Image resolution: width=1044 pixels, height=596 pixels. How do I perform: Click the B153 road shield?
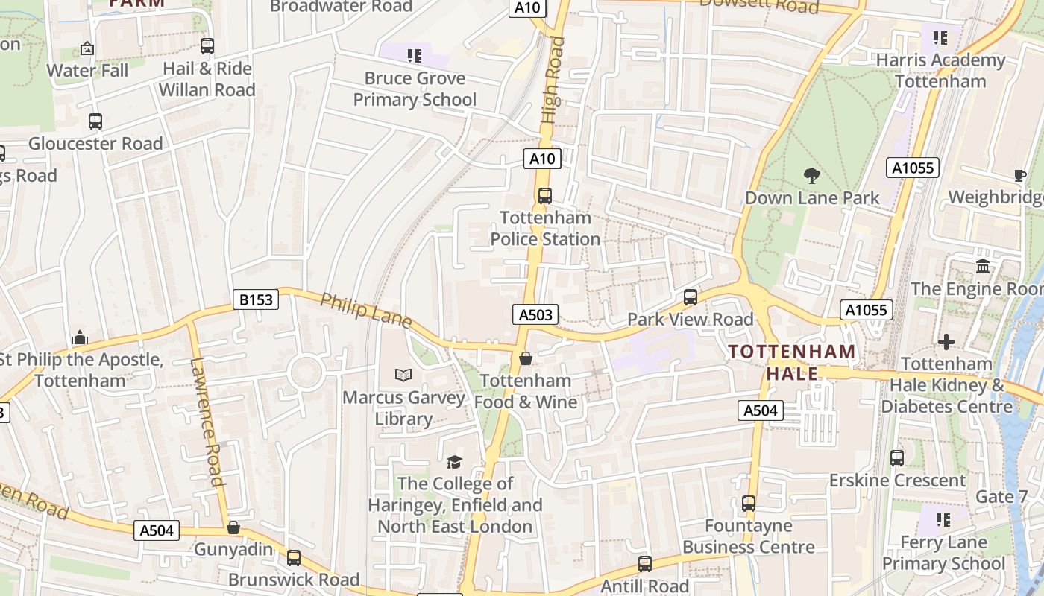[256, 299]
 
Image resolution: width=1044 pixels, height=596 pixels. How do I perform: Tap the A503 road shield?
[535, 314]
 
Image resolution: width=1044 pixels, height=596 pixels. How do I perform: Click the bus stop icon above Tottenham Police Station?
[545, 196]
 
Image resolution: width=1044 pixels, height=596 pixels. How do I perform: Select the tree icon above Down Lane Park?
[812, 176]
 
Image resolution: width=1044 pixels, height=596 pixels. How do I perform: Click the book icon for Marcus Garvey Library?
[403, 375]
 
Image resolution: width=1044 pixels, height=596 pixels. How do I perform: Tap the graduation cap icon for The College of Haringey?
[454, 462]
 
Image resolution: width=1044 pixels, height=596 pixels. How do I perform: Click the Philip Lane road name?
[366, 310]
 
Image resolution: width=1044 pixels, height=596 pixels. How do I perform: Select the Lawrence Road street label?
[207, 422]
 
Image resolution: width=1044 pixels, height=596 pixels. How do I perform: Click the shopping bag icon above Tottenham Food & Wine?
[526, 358]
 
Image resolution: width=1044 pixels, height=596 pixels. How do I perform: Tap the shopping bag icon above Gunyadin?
[233, 527]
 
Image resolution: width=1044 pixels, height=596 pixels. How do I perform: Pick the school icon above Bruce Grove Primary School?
[415, 55]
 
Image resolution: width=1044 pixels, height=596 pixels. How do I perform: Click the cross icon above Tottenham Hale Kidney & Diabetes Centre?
[946, 342]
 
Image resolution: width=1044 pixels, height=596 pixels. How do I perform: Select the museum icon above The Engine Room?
[983, 266]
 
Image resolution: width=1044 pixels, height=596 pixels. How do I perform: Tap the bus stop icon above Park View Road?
[691, 297]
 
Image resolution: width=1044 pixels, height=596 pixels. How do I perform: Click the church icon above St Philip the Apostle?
[80, 338]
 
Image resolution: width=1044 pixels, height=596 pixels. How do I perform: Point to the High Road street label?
[553, 81]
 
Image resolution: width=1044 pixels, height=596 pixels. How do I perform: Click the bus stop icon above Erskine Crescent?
[897, 458]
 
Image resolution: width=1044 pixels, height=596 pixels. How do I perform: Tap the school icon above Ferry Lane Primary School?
[943, 519]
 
